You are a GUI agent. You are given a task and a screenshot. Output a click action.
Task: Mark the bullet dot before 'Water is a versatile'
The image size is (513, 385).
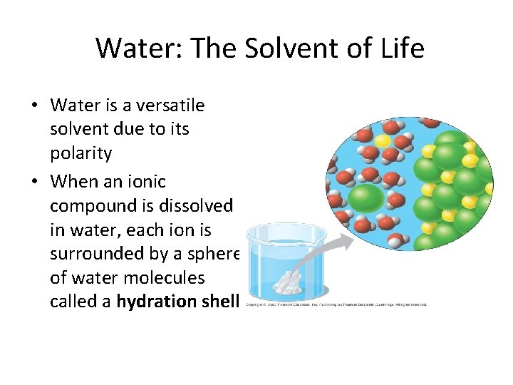point(33,106)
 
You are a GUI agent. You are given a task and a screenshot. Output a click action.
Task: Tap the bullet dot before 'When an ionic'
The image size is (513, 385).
point(33,182)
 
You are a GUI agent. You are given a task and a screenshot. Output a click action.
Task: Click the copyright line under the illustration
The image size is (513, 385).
point(336,304)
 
